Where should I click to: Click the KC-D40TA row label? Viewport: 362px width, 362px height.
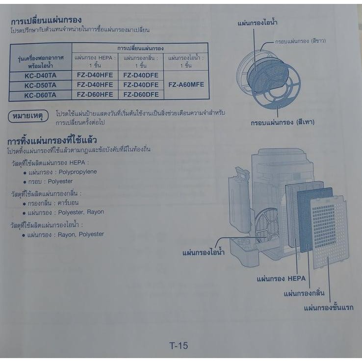click(x=40, y=76)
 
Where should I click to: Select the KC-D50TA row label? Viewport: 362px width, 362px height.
click(x=40, y=85)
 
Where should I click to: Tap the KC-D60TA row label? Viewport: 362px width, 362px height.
click(x=40, y=95)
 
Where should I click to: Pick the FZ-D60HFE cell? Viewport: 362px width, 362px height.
click(x=95, y=95)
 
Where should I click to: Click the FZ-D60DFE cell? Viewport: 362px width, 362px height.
click(x=141, y=95)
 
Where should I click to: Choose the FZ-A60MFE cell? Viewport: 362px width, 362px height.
click(x=186, y=84)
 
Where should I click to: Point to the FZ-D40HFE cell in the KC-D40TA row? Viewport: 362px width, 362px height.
click(x=95, y=75)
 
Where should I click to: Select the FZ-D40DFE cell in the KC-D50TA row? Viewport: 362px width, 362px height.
click(x=141, y=85)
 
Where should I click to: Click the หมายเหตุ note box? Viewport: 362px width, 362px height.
click(x=28, y=116)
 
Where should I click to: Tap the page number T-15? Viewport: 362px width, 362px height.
click(x=179, y=346)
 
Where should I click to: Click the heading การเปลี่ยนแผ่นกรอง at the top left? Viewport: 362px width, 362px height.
click(x=46, y=20)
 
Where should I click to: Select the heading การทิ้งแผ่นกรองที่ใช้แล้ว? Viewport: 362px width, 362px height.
click(x=52, y=140)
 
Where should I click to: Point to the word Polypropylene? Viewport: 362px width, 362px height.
click(x=78, y=172)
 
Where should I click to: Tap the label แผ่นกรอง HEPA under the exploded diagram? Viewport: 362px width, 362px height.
click(x=281, y=279)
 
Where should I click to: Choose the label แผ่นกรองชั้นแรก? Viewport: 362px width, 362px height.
click(x=329, y=308)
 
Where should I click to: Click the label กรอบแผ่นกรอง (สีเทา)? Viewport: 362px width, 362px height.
click(x=283, y=122)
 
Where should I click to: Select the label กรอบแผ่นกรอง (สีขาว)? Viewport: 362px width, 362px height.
click(x=300, y=41)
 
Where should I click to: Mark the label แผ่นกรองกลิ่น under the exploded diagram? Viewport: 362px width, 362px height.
click(x=304, y=293)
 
